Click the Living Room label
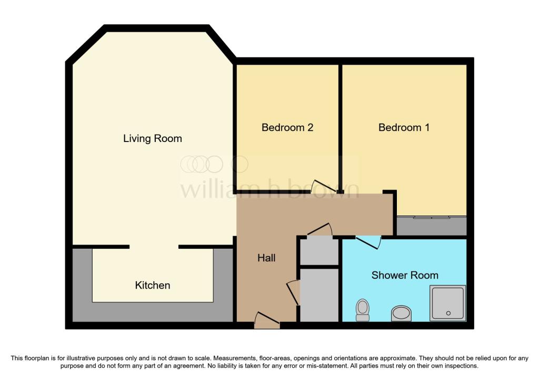pos(152,139)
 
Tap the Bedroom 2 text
pos(287,127)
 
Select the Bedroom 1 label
pos(404,127)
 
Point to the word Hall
pos(266,258)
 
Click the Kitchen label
pos(153,286)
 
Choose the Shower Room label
pos(404,275)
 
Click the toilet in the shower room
pos(362,309)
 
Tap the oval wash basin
pos(402,313)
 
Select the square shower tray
pos(448,303)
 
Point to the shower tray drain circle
pos(448,313)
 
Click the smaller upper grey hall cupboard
pos(319,251)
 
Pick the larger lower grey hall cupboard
pos(319,294)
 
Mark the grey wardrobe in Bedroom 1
pos(431,227)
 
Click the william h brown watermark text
pos(269,189)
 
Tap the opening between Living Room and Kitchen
pos(154,247)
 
